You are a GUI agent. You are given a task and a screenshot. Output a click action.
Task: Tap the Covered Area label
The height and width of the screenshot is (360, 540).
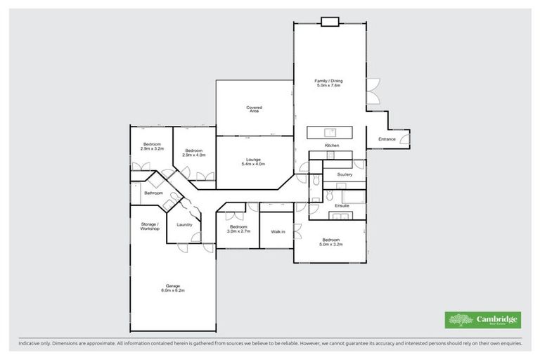click(254, 109)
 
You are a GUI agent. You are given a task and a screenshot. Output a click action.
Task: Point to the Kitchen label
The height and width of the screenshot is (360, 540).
click(332, 146)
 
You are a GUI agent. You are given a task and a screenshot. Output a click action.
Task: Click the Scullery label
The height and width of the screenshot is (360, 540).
click(345, 174)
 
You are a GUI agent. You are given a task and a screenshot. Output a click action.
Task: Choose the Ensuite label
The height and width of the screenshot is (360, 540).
click(342, 205)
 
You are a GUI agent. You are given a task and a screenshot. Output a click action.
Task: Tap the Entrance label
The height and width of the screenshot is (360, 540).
click(387, 139)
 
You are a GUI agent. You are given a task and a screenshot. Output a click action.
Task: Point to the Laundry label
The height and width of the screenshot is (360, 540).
click(185, 225)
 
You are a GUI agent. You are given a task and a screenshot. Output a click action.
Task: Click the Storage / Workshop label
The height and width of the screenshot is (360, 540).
click(149, 226)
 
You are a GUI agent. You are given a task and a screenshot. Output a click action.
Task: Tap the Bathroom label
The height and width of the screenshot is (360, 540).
click(153, 193)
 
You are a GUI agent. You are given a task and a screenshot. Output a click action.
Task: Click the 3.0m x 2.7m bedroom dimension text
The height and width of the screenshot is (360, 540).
click(238, 231)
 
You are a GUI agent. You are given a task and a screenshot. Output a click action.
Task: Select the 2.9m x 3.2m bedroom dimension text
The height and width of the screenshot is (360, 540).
click(152, 149)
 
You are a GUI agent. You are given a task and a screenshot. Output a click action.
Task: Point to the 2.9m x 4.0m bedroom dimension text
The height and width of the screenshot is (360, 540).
click(194, 155)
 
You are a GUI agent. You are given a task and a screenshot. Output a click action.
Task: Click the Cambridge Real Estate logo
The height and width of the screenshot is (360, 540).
click(483, 320)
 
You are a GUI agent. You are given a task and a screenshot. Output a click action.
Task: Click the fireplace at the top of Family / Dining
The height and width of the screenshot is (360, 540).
click(330, 21)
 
